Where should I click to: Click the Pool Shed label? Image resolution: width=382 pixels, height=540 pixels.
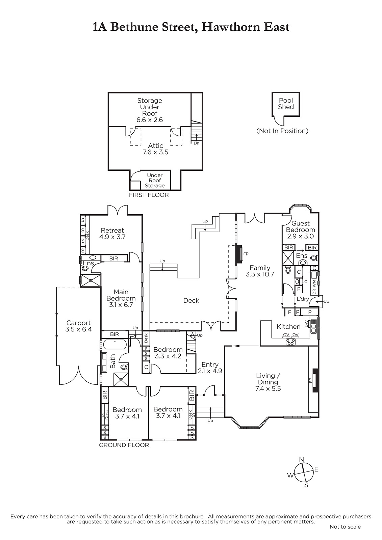tap(286, 104)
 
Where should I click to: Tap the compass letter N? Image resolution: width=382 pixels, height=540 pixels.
tap(301, 459)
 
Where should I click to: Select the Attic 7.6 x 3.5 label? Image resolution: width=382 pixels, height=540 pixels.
tap(155, 149)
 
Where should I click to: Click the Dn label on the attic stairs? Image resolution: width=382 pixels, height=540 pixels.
tap(197, 143)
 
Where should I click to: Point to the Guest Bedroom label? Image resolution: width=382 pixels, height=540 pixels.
tap(301, 230)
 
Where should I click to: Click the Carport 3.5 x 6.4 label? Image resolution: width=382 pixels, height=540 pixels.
tap(78, 326)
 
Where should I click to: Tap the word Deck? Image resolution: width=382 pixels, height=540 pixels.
tap(191, 300)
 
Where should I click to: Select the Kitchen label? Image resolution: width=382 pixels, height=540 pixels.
tap(288, 327)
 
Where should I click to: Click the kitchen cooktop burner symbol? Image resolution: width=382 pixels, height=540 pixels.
tap(290, 342)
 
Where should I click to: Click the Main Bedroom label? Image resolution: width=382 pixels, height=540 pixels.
tap(121, 298)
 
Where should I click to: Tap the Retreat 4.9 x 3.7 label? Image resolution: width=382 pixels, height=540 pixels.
tap(112, 233)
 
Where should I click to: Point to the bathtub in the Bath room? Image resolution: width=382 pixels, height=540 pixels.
tap(115, 344)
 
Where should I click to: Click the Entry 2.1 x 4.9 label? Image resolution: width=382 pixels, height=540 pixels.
tap(210, 368)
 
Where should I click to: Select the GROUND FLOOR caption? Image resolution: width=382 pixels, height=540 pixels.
tap(124, 445)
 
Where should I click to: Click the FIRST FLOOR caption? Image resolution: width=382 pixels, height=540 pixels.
tap(149, 195)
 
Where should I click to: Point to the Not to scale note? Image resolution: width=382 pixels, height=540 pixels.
tap(345, 527)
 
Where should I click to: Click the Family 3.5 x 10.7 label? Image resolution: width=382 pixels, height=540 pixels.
tap(260, 271)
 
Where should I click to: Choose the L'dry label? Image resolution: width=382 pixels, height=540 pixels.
tap(303, 299)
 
